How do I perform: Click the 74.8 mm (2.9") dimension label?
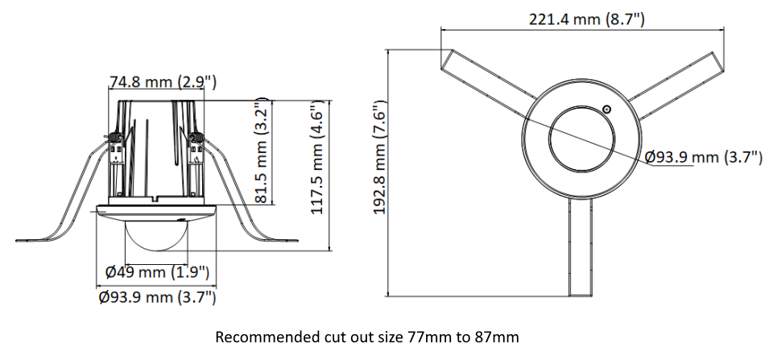coord(162,81)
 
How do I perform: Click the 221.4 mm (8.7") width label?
coord(586,19)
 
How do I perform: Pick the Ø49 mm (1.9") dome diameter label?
coord(158,271)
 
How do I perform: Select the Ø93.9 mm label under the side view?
coord(157,298)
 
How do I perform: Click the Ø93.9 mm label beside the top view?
coord(704,157)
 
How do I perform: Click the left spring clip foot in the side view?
coord(40,239)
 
